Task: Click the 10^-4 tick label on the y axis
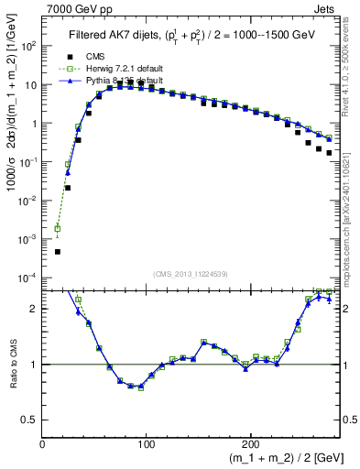point(27,278)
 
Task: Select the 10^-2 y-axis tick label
point(27,201)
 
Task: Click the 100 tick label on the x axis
point(147,442)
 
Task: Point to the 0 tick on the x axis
point(43,442)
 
